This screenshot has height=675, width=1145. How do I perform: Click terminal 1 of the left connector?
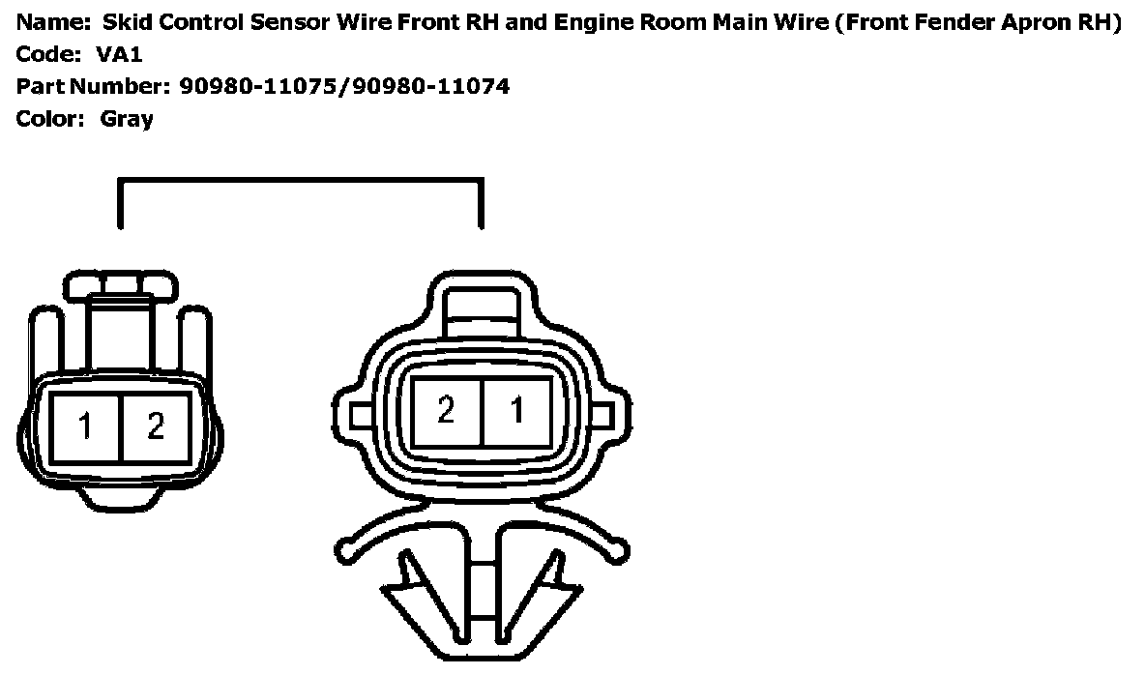(86, 427)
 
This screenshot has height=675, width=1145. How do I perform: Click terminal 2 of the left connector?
(156, 427)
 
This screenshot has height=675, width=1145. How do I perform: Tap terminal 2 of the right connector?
(446, 411)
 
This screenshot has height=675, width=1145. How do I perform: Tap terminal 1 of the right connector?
(517, 411)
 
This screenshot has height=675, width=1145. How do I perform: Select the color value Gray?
(127, 120)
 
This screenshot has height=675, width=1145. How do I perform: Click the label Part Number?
(93, 87)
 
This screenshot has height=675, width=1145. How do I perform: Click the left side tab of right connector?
(361, 416)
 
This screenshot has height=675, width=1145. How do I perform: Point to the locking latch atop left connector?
(122, 286)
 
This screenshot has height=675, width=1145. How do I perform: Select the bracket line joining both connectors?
(300, 180)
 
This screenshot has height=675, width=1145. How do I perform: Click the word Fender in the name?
(938, 22)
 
